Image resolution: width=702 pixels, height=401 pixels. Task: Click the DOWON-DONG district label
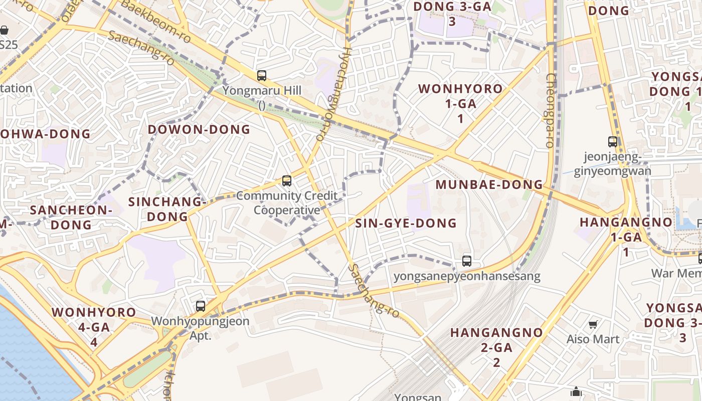point(199,129)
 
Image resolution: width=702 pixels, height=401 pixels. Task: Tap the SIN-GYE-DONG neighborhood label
point(406,223)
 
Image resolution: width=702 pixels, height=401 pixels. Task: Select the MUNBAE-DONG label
point(489,184)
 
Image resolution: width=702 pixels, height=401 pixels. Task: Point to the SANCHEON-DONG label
point(71,217)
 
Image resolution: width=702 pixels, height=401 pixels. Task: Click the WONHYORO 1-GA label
point(460,103)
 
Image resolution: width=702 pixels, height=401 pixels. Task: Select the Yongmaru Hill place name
point(262,91)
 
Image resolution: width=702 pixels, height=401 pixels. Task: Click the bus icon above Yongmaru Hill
point(262,76)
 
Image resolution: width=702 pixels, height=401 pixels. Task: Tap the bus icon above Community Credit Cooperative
point(287,180)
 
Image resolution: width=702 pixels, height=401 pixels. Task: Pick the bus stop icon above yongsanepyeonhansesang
point(467,261)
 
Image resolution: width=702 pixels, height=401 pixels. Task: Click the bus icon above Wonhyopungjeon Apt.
point(201,306)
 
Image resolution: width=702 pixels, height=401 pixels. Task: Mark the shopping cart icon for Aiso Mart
point(593,324)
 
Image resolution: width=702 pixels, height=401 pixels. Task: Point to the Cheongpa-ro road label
point(551,110)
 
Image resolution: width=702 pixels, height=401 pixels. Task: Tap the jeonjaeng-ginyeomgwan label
point(613,164)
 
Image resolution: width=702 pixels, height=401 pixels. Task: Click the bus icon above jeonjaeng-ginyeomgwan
point(612,142)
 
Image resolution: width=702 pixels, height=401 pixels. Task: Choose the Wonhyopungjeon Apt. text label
point(200,328)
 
